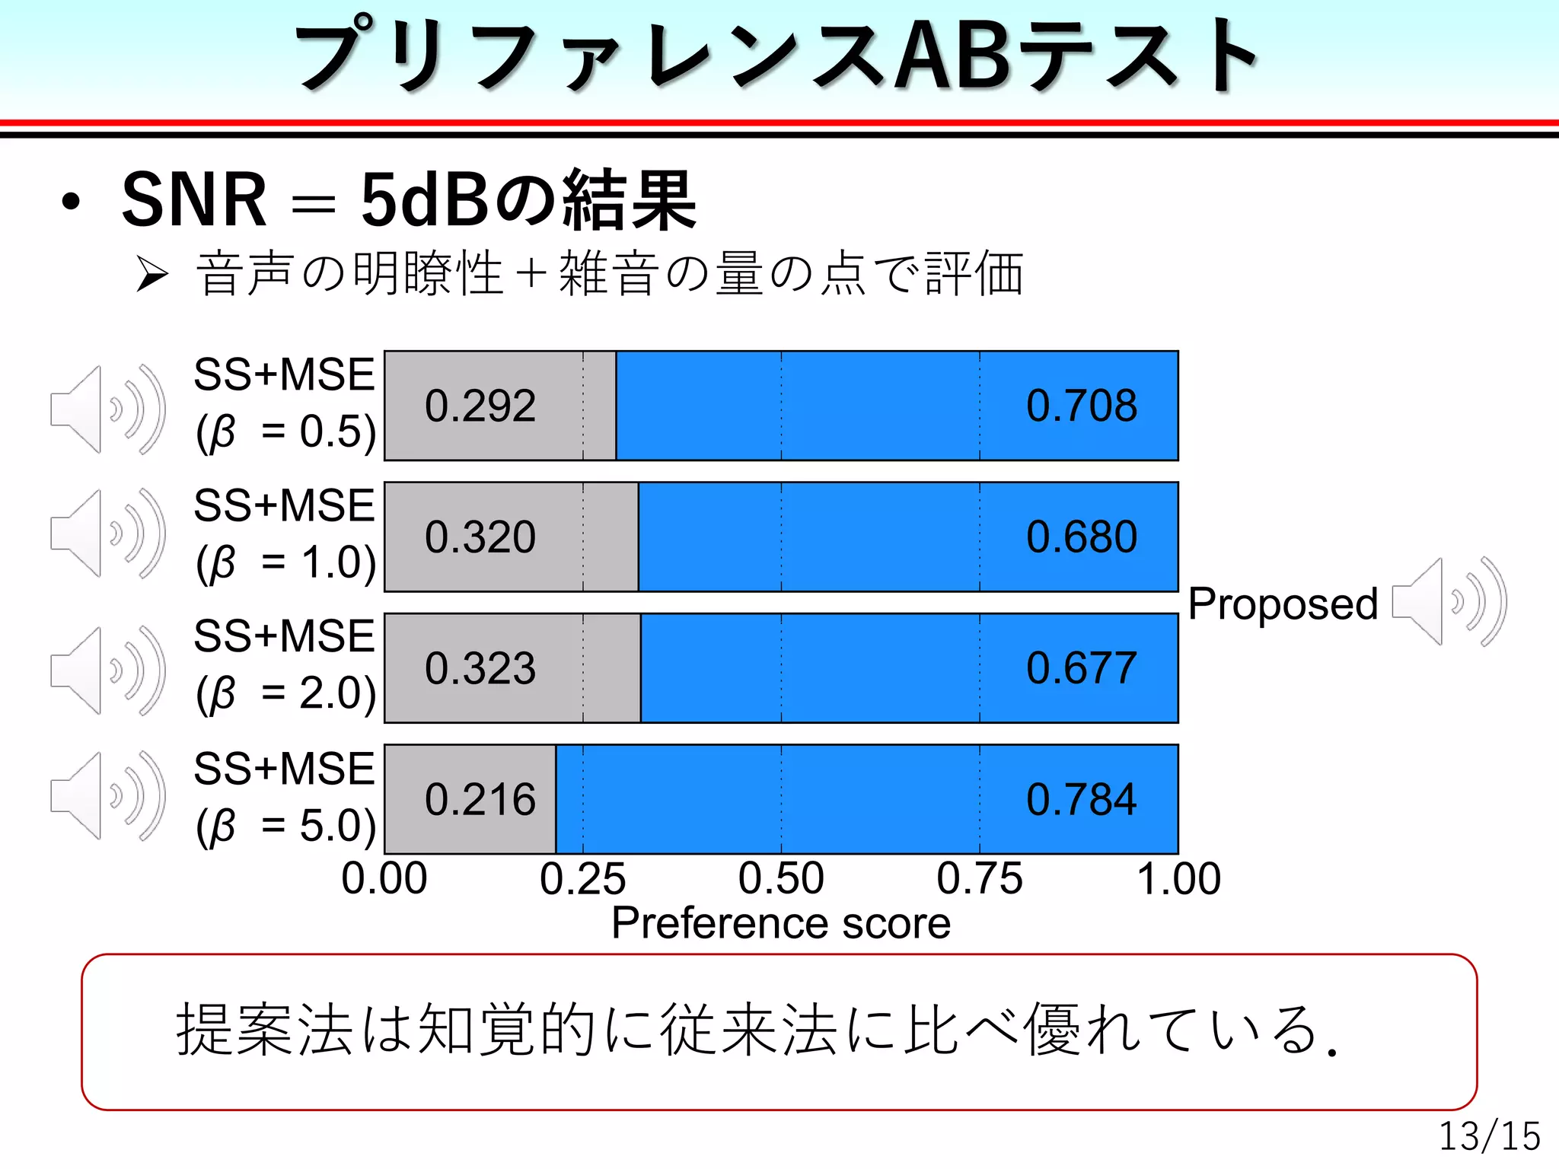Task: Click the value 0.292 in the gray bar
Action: click(480, 406)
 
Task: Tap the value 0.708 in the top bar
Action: click(1081, 406)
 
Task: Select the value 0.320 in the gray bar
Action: click(480, 537)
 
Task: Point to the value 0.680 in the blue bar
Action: click(1081, 537)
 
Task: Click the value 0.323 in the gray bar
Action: click(480, 668)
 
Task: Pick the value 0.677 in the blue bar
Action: click(1081, 668)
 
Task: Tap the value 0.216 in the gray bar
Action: click(480, 800)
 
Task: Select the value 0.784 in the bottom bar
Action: click(1081, 800)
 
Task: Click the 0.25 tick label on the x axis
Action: click(582, 879)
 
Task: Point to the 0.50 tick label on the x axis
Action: click(781, 879)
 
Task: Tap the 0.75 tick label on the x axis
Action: click(980, 879)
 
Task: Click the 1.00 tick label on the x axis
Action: click(1178, 879)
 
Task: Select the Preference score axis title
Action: click(781, 923)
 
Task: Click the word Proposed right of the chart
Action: click(1283, 604)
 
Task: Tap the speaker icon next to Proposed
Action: click(1449, 601)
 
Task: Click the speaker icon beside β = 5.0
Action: click(107, 795)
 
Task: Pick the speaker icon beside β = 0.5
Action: click(107, 409)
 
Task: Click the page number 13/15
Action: click(1489, 1136)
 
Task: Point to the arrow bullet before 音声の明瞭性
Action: click(151, 274)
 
